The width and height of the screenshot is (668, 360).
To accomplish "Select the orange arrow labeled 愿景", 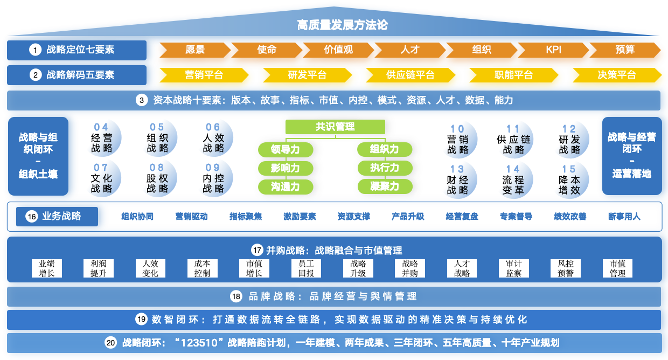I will point(195,50).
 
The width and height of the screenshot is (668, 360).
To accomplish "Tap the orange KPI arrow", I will point(553,50).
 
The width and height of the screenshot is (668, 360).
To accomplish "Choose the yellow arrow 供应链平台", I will point(410,75).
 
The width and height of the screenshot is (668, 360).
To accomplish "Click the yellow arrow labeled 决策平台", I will point(617,75).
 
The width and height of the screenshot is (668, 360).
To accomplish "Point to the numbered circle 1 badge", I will point(36,50).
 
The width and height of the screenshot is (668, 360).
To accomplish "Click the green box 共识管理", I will point(335,127).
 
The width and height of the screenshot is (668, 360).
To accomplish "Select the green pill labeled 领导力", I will point(286,149).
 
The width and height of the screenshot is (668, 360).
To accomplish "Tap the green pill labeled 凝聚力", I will point(385,186).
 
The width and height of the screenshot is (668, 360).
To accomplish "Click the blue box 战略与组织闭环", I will point(38,156).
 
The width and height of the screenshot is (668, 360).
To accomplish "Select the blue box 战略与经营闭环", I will point(632,156).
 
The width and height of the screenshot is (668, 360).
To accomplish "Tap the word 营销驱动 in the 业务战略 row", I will point(191,217).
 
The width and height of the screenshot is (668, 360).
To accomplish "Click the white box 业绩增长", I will point(47,268).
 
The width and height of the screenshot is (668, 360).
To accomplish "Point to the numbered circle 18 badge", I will point(236,296).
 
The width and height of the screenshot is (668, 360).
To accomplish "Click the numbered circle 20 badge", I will point(110,343).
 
